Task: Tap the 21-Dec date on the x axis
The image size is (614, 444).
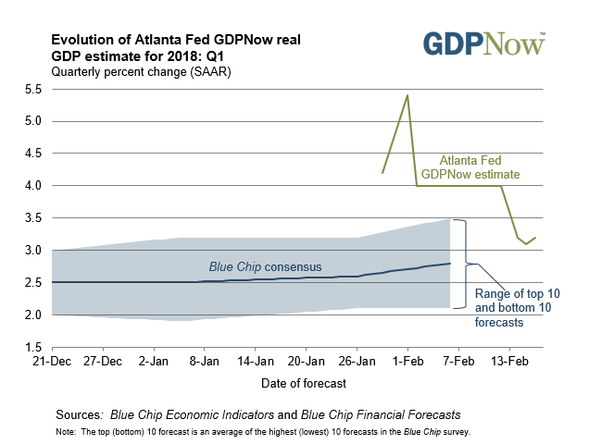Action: click(x=54, y=361)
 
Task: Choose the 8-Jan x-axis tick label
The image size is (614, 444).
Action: click(x=205, y=361)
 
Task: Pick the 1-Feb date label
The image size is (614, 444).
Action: click(x=407, y=361)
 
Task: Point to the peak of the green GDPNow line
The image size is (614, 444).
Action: click(x=407, y=95)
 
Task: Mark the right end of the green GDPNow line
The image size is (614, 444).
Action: click(x=535, y=238)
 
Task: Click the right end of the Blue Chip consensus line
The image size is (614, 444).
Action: click(x=450, y=264)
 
